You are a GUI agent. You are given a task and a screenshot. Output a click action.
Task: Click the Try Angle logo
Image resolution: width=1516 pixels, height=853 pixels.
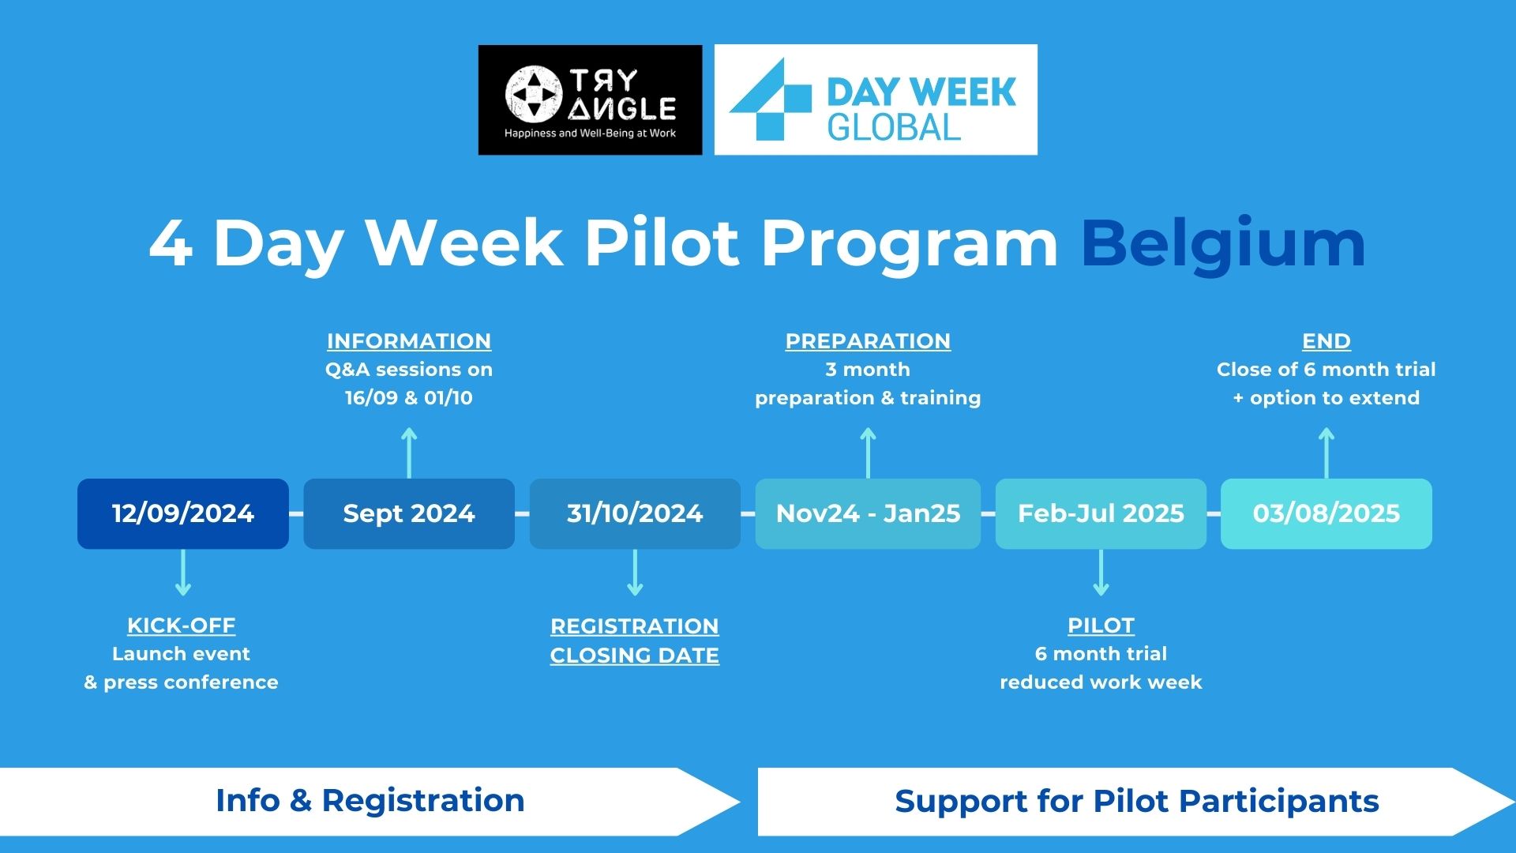tap(590, 100)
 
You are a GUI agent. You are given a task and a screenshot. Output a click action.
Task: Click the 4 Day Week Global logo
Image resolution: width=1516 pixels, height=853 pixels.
tap(876, 100)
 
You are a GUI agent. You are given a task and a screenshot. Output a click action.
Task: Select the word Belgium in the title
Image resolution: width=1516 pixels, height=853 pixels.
tap(1223, 245)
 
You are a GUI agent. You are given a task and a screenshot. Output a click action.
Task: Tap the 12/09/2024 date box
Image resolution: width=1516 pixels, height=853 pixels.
tap(183, 513)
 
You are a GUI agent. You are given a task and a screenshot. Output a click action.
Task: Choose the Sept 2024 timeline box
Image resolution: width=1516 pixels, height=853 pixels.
tap(409, 513)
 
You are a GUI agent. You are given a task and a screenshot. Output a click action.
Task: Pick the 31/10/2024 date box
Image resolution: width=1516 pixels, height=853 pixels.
tap(635, 513)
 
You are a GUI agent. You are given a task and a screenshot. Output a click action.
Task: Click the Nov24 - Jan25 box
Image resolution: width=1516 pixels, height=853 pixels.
tap(868, 513)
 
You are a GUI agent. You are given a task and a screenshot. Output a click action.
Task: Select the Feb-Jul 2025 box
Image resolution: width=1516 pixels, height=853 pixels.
tap(1101, 513)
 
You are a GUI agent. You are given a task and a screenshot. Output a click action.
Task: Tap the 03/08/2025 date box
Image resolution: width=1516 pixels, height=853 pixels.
tap(1326, 513)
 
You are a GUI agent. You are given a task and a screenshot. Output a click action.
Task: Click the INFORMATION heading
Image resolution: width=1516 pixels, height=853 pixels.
tap(409, 341)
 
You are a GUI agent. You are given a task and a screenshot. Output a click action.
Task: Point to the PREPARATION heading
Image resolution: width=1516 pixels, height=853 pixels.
tap(868, 341)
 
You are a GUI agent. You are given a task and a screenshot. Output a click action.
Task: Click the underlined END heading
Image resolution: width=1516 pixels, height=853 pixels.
tap(1326, 341)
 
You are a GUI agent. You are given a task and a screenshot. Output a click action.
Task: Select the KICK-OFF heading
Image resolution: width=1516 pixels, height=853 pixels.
tap(182, 626)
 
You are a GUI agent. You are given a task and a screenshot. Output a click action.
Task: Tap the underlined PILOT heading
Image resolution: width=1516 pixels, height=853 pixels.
tap(1101, 626)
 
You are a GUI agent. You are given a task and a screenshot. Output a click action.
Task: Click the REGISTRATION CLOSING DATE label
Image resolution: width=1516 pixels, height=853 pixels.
tap(635, 641)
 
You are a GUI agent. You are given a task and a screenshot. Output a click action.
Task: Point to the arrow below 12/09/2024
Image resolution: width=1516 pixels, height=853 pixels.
tap(183, 573)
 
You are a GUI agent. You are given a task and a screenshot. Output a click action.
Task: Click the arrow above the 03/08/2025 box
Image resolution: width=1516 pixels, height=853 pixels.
tap(1326, 453)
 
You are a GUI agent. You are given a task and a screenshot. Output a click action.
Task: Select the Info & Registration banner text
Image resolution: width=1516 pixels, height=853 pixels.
tap(370, 801)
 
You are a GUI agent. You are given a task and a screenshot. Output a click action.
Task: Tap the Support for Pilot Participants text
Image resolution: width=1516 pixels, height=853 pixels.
tap(1137, 802)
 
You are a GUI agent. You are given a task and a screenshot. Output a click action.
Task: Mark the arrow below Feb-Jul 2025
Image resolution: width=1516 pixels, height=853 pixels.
tap(1101, 573)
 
